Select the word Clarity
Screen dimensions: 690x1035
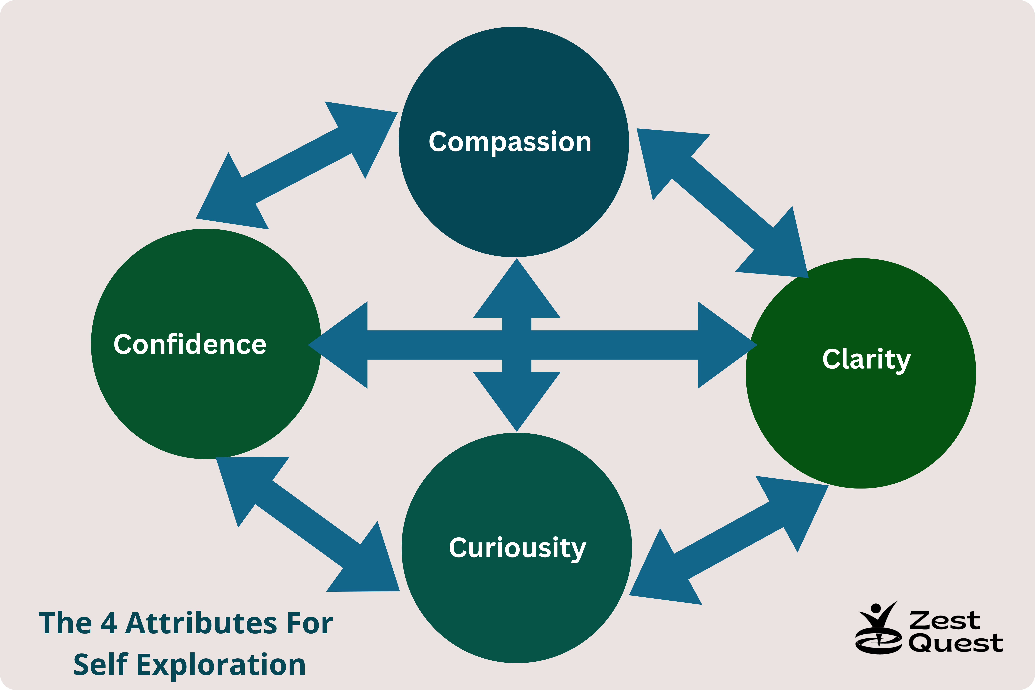click(866, 360)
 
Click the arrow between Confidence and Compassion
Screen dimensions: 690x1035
click(297, 165)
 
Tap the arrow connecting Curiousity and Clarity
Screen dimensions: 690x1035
click(729, 540)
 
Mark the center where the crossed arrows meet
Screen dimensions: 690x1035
click(517, 345)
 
